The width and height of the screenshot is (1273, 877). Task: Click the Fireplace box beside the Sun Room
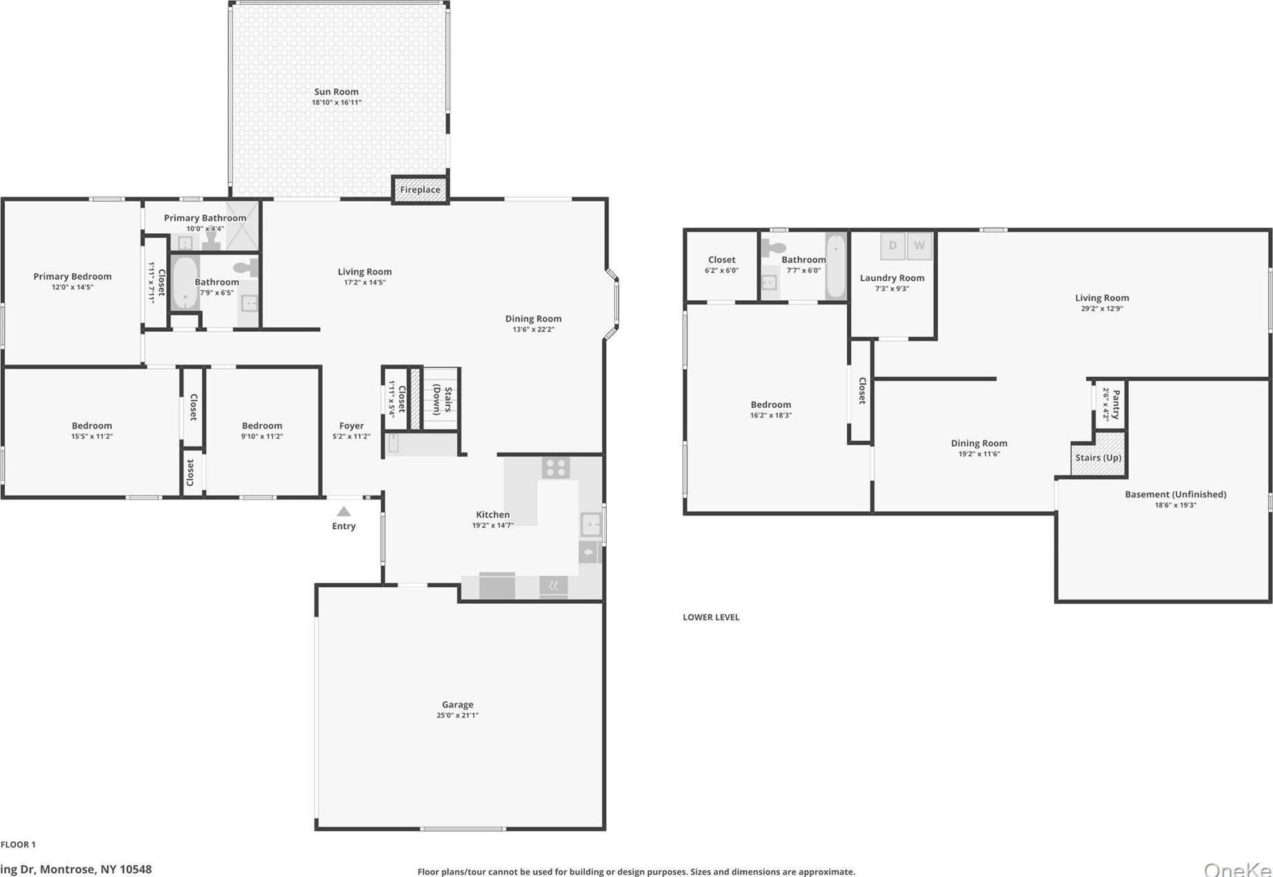click(x=420, y=190)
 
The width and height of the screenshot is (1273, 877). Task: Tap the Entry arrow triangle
click(x=343, y=511)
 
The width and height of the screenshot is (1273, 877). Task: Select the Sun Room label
click(x=336, y=92)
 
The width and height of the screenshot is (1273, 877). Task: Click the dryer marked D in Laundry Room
click(x=892, y=246)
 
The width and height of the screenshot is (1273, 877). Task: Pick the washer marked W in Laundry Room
click(x=919, y=246)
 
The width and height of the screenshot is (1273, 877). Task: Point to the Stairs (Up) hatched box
click(x=1098, y=455)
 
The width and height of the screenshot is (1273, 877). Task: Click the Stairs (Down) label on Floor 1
click(x=442, y=400)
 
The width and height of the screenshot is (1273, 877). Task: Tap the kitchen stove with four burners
click(x=555, y=467)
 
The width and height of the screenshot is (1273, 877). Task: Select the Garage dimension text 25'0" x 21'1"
click(x=457, y=715)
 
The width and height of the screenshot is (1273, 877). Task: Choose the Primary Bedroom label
click(x=72, y=276)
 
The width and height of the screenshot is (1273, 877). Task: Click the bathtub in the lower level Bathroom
click(x=835, y=266)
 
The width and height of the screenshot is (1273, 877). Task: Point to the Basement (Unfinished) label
click(x=1175, y=494)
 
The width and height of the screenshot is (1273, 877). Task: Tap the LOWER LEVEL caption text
click(x=711, y=617)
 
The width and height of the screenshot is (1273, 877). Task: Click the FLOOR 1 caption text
click(x=18, y=844)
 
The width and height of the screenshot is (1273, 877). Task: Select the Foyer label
click(x=351, y=426)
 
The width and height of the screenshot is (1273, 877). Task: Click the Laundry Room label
click(x=892, y=277)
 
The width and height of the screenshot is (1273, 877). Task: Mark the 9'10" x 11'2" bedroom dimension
click(x=262, y=436)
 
